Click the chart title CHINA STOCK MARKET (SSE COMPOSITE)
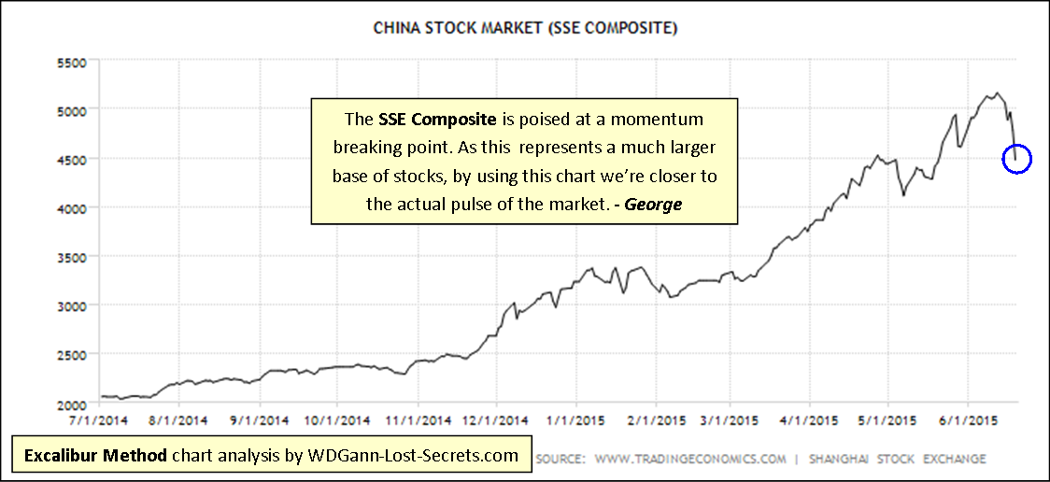coord(525,28)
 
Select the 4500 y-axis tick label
coord(72,160)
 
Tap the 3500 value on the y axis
coord(72,257)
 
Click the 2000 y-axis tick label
coord(72,404)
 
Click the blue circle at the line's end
coord(1016,160)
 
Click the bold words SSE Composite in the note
coord(423,120)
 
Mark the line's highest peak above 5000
coord(998,93)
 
